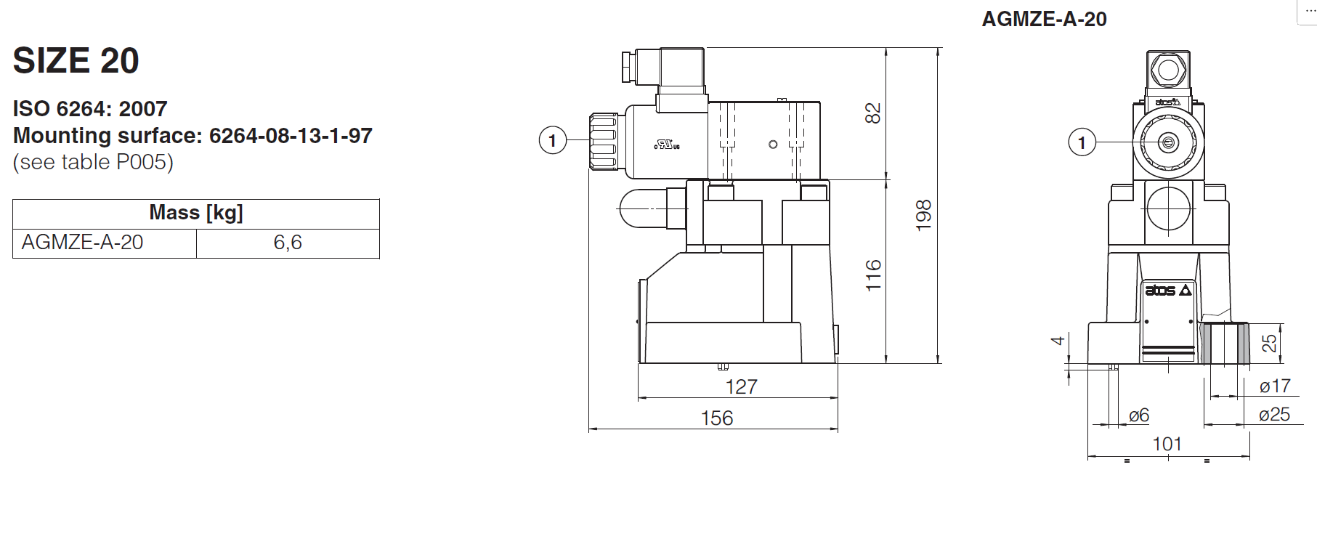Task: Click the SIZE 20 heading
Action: point(76,60)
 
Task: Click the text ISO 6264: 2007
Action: point(90,109)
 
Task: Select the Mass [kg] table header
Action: point(195,213)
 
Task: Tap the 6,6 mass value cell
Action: point(288,243)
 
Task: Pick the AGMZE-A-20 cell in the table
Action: point(83,243)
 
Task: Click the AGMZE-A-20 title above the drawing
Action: point(1044,19)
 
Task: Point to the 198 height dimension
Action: point(923,216)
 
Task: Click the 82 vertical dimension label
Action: point(872,113)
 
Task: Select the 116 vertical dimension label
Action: point(872,275)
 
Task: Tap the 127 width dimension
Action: point(741,386)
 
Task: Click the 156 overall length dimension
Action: point(716,418)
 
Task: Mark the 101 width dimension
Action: point(1167,444)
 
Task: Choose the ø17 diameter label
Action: point(1275,386)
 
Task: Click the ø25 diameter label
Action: point(1274,415)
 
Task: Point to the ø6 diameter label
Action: point(1139,416)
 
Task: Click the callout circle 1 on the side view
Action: point(553,140)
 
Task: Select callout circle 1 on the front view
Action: point(1082,142)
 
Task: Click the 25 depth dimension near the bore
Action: point(1269,343)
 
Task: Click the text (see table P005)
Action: point(93,162)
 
